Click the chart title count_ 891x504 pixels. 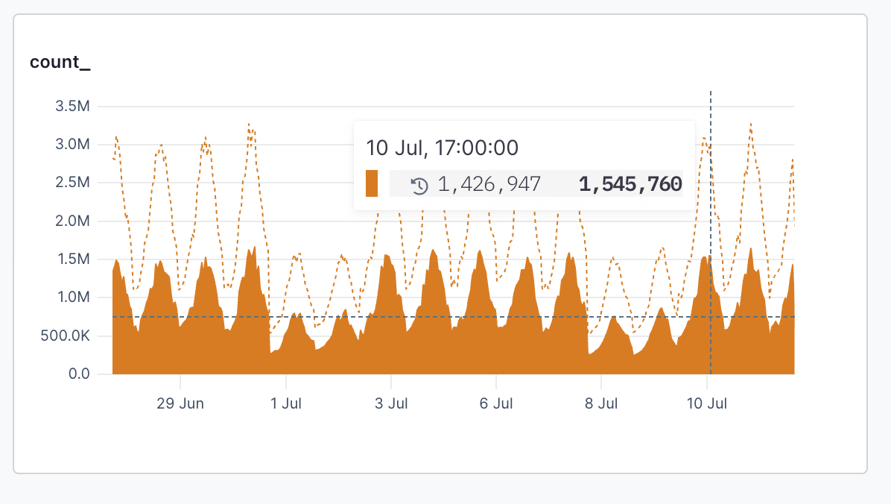pyautogui.click(x=60, y=62)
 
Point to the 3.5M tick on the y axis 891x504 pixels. pyautogui.click(x=72, y=107)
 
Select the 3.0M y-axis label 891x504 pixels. pyautogui.click(x=72, y=145)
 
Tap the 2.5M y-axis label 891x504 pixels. pyautogui.click(x=72, y=183)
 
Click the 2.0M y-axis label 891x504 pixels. pyautogui.click(x=72, y=221)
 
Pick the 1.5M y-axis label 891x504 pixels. pyautogui.click(x=72, y=259)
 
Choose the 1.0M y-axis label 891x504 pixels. pyautogui.click(x=72, y=297)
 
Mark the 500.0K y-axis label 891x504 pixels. pyautogui.click(x=67, y=336)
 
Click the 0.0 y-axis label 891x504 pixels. pyautogui.click(x=79, y=374)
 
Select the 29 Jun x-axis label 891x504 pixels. pyautogui.click(x=180, y=404)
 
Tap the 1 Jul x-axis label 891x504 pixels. pyautogui.click(x=286, y=404)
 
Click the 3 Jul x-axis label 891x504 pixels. pyautogui.click(x=391, y=404)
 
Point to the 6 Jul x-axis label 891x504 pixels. pyautogui.click(x=496, y=404)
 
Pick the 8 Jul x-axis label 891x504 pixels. pyautogui.click(x=601, y=404)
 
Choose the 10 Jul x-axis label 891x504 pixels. pyautogui.click(x=707, y=404)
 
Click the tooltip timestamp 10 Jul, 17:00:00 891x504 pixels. pyautogui.click(x=443, y=148)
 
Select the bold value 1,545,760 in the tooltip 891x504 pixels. pyautogui.click(x=630, y=184)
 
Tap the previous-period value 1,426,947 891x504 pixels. pyautogui.click(x=489, y=184)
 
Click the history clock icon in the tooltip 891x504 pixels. pyautogui.click(x=419, y=185)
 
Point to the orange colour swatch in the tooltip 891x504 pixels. pyautogui.click(x=372, y=183)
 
